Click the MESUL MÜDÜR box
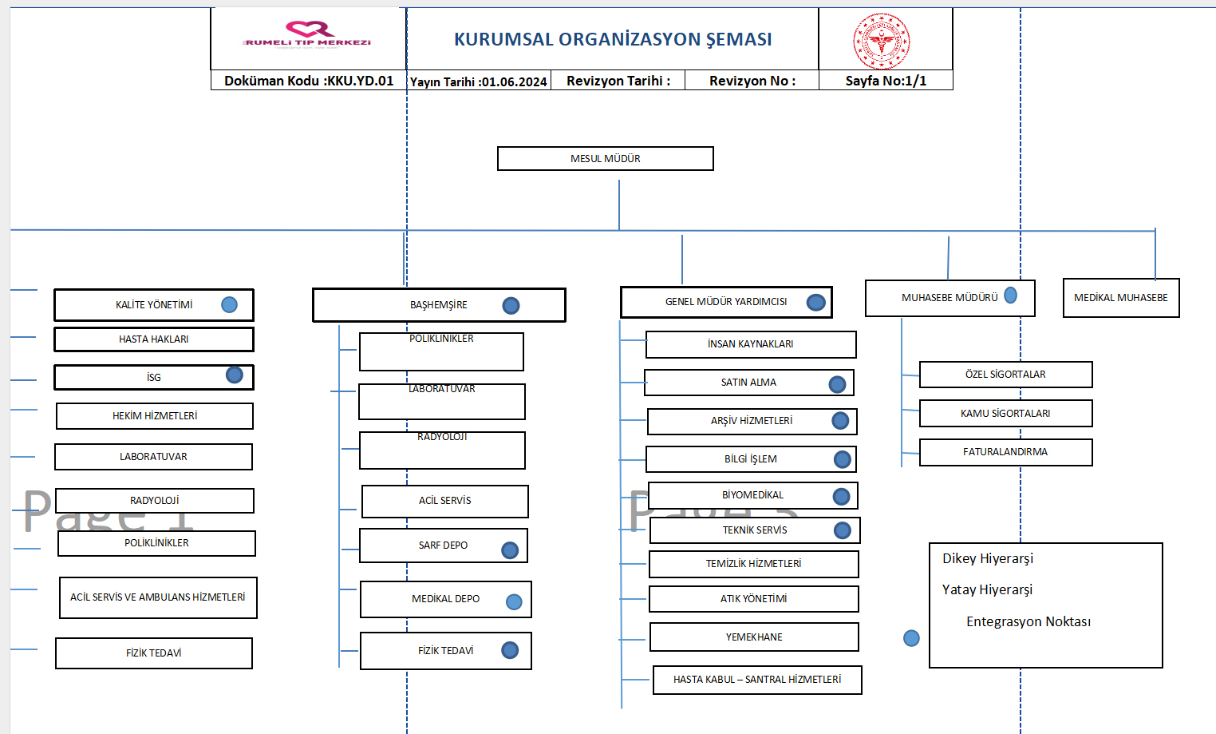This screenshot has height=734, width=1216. pyautogui.click(x=605, y=158)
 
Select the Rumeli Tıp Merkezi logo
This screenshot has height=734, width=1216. pyautogui.click(x=308, y=36)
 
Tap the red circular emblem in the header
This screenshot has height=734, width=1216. pyautogui.click(x=881, y=41)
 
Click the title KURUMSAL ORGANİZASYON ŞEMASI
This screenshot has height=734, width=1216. pyautogui.click(x=613, y=39)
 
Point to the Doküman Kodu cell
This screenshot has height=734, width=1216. pyautogui.click(x=309, y=81)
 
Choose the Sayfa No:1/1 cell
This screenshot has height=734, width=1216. pyautogui.click(x=886, y=81)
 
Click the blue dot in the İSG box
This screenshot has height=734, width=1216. pyautogui.click(x=235, y=375)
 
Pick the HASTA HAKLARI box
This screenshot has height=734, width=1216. pyautogui.click(x=154, y=339)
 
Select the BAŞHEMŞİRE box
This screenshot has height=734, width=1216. pyautogui.click(x=439, y=305)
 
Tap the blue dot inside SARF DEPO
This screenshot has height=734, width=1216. pyautogui.click(x=510, y=550)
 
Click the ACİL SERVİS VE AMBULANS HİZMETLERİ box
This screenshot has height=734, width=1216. pyautogui.click(x=158, y=597)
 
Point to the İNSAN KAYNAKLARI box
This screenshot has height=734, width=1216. pyautogui.click(x=751, y=344)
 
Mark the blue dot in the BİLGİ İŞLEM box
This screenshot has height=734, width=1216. pyautogui.click(x=843, y=459)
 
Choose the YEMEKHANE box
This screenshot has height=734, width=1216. pyautogui.click(x=754, y=637)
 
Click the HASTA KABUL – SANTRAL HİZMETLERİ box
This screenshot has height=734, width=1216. pyautogui.click(x=757, y=680)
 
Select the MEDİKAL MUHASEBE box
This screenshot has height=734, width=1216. pyautogui.click(x=1121, y=298)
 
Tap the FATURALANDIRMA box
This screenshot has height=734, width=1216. pyautogui.click(x=1005, y=452)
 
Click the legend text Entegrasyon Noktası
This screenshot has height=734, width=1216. pyautogui.click(x=1028, y=621)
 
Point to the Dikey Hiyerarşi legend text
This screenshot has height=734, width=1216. pyautogui.click(x=988, y=558)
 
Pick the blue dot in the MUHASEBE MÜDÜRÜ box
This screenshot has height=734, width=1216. pyautogui.click(x=1011, y=296)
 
